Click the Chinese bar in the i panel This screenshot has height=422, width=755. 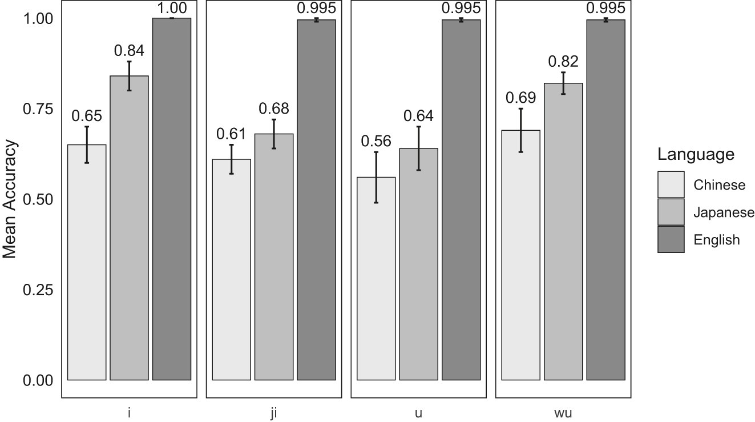pos(87,262)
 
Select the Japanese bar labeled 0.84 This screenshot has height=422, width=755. pos(129,228)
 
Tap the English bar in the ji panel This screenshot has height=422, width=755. pos(316,200)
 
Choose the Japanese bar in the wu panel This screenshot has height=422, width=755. pos(563,231)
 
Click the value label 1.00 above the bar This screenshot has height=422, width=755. pos(172,7)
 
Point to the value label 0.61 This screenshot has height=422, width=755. pos(231,134)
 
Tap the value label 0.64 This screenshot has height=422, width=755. pos(418,116)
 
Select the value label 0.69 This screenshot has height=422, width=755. pos(520,98)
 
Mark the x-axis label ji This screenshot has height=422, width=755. pos(274,413)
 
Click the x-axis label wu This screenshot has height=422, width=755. pos(563,413)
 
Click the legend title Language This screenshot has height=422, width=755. pos(695,154)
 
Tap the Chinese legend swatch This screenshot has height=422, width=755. pos(671,184)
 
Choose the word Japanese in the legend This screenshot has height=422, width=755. pos(724,212)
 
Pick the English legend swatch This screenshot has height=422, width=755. pos(671,239)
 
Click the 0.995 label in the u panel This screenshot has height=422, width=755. pos(461,7)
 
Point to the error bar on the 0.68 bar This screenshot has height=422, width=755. pos(274,134)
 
